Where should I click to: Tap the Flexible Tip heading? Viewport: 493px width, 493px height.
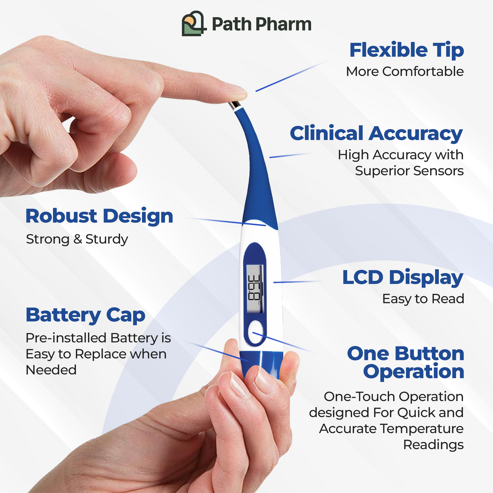pos(406,50)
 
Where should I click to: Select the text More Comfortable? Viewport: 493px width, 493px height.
pos(405,71)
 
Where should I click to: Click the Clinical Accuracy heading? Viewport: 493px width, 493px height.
pos(376,134)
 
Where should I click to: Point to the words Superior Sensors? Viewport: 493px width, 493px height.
pos(409,170)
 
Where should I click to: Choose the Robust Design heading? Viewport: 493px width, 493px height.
pos(99,216)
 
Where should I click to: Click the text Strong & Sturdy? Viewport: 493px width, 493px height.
pos(77,239)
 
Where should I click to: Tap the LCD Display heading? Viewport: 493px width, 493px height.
pos(402,277)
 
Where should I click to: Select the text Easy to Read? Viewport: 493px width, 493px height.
pos(423,299)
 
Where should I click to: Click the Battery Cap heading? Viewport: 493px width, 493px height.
pos(85,315)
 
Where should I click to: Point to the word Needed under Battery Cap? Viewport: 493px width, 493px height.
pos(51,370)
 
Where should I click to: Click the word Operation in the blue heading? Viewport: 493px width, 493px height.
pos(413,371)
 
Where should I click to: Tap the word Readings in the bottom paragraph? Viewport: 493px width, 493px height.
pos(433,445)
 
